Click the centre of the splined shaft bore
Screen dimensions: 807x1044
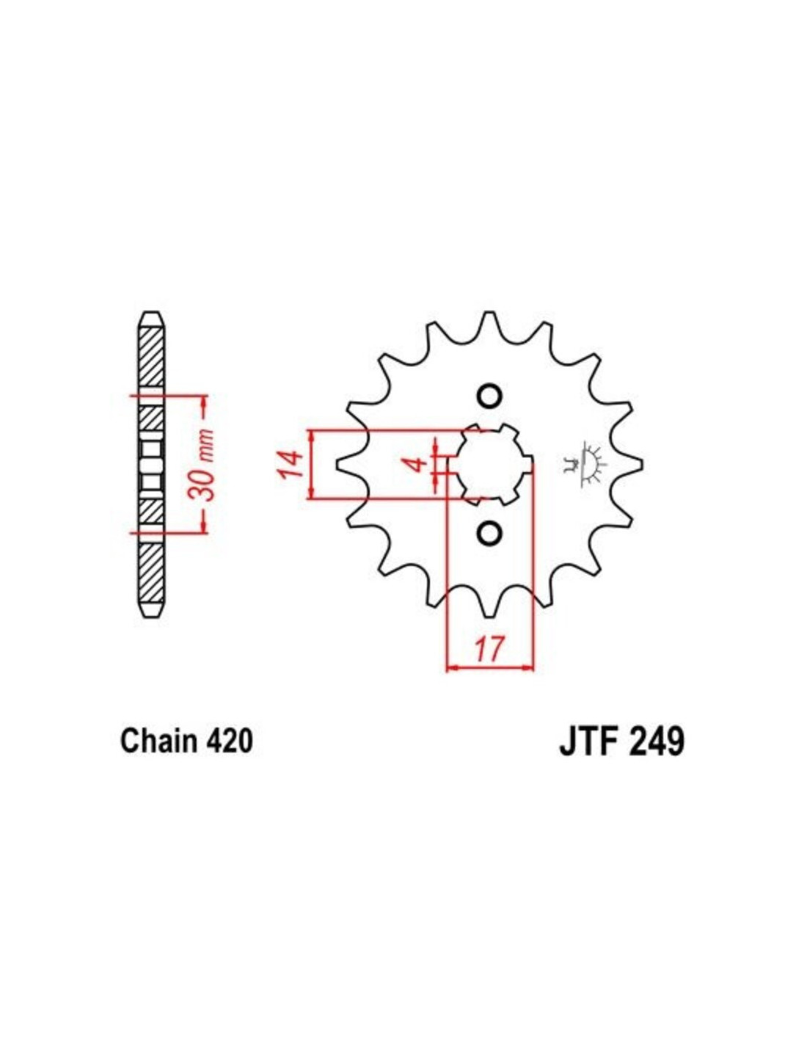[x=489, y=464]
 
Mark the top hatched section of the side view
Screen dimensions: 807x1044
[x=152, y=356]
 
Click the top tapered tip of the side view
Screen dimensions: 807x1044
[x=152, y=319]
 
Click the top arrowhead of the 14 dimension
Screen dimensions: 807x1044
[x=313, y=435]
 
